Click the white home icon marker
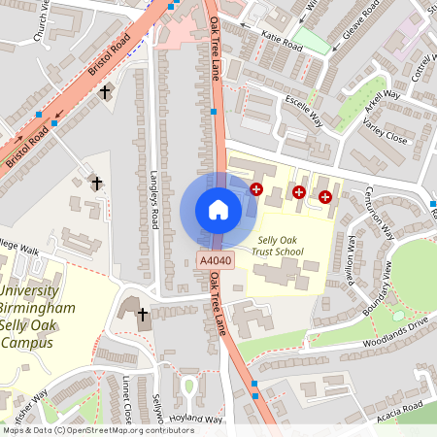218,210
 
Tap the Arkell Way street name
382,102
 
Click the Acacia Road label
399,406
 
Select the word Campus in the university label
28,342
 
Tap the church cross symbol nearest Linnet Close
143,314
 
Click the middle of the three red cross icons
299,193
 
